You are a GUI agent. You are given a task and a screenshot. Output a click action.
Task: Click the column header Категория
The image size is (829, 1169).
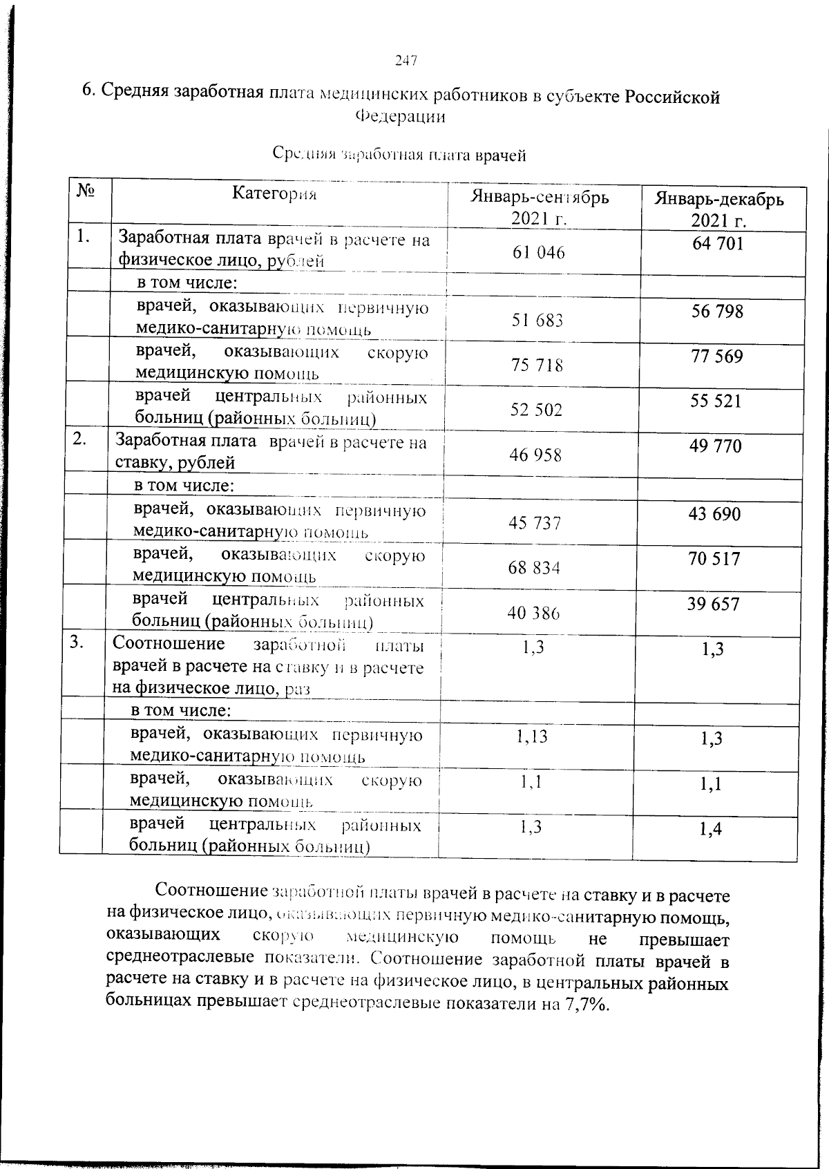coord(274,194)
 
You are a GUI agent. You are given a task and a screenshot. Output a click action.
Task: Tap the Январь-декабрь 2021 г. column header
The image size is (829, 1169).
coord(719,210)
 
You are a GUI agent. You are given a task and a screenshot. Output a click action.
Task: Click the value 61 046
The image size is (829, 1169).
coord(538,253)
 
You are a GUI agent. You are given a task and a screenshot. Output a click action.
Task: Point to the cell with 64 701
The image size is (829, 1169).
coord(718,244)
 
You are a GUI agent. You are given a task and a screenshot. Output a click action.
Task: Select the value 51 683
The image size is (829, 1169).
coord(537,321)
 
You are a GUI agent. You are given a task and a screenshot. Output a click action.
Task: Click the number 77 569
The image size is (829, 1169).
coord(716,357)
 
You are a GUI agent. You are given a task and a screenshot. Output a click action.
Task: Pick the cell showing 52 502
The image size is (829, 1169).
coord(536,410)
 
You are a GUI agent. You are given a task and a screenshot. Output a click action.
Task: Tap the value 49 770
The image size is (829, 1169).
coord(715,447)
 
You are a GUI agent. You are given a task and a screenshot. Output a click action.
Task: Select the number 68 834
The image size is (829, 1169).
coord(534,568)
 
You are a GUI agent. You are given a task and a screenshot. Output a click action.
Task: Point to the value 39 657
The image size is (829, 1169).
coord(713,605)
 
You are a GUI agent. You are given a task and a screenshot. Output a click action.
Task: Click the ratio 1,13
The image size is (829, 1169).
coord(532,736)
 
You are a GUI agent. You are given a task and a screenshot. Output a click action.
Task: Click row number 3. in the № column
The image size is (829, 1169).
coord(77,643)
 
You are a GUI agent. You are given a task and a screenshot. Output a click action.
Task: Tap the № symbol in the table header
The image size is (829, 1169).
coord(84,191)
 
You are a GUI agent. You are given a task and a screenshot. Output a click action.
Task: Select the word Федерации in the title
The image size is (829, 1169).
coord(400,117)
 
